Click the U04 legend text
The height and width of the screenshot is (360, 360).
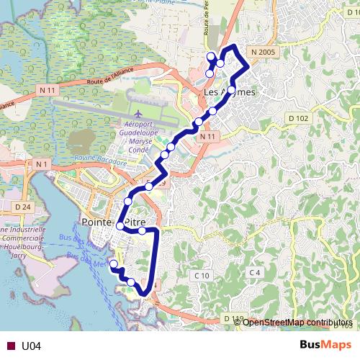[32, 346]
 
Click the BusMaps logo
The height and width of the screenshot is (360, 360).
[325, 345]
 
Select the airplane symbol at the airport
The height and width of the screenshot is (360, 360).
[138, 114]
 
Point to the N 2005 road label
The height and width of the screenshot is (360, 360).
[264, 53]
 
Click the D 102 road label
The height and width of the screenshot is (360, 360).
[297, 118]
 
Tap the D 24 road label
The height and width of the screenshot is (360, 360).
[22, 207]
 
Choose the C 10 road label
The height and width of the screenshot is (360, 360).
[201, 276]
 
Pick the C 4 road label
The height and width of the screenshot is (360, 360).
[254, 272]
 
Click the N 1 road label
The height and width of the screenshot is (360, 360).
[40, 164]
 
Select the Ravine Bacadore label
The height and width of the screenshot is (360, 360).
[100, 159]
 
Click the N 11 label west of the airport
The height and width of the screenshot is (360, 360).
[48, 90]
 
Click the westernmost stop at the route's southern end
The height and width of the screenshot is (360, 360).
[113, 264]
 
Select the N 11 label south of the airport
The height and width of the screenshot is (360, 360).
[208, 137]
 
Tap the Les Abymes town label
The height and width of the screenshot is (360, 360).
[230, 93]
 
